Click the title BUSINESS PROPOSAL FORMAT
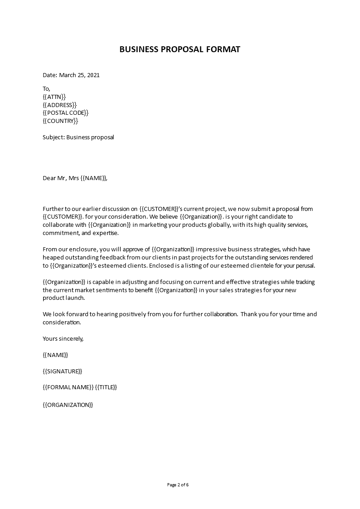pos(180,49)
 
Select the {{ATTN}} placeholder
pos(54,97)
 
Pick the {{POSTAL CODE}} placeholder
pos(65,113)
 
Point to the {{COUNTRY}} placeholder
pos(60,121)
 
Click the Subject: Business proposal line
pos(78,137)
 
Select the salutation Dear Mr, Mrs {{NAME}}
pos(75,178)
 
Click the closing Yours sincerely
pos(63,339)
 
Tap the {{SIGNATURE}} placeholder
pos(62,372)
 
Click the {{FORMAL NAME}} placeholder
pos(68,387)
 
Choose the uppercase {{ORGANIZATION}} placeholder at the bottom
pos(68,405)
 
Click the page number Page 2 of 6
pos(178,485)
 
